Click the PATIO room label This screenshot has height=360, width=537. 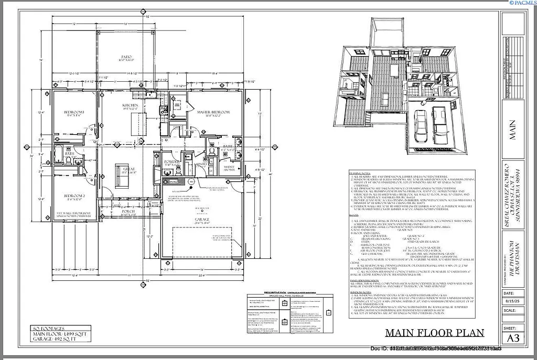(x=126, y=57)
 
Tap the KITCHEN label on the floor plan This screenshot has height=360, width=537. (x=130, y=105)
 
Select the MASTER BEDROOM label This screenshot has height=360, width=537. (x=213, y=113)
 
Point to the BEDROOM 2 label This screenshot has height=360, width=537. (x=74, y=195)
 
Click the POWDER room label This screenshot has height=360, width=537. (x=172, y=162)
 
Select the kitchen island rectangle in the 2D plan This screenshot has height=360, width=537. (x=135, y=124)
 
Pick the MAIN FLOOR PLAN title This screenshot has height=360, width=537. (x=434, y=333)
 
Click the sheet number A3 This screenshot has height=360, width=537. (x=515, y=339)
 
